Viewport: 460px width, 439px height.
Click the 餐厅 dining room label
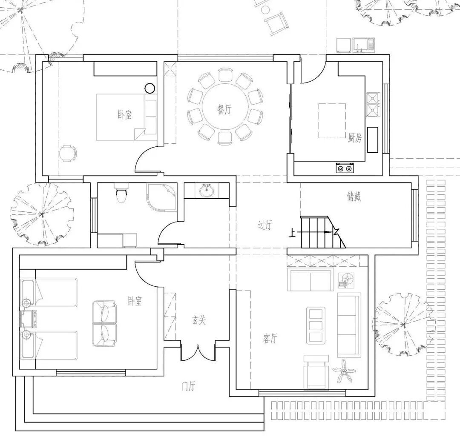224,110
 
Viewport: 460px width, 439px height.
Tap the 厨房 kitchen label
355,137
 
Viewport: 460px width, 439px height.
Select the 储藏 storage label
354,197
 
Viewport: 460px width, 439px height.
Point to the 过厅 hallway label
265,225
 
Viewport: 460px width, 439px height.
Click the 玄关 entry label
199,320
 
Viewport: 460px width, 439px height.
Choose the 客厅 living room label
270,339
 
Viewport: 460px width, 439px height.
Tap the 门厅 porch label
188,386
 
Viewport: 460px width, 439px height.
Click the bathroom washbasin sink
207,191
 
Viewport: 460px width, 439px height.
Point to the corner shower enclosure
162,197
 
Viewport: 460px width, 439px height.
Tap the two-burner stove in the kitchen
345,168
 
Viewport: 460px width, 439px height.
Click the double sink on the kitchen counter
373,104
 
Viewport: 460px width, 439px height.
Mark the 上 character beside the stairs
292,233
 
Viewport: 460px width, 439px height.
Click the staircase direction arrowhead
327,232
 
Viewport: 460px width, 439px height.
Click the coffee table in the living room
316,325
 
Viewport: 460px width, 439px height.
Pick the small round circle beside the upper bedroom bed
150,88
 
